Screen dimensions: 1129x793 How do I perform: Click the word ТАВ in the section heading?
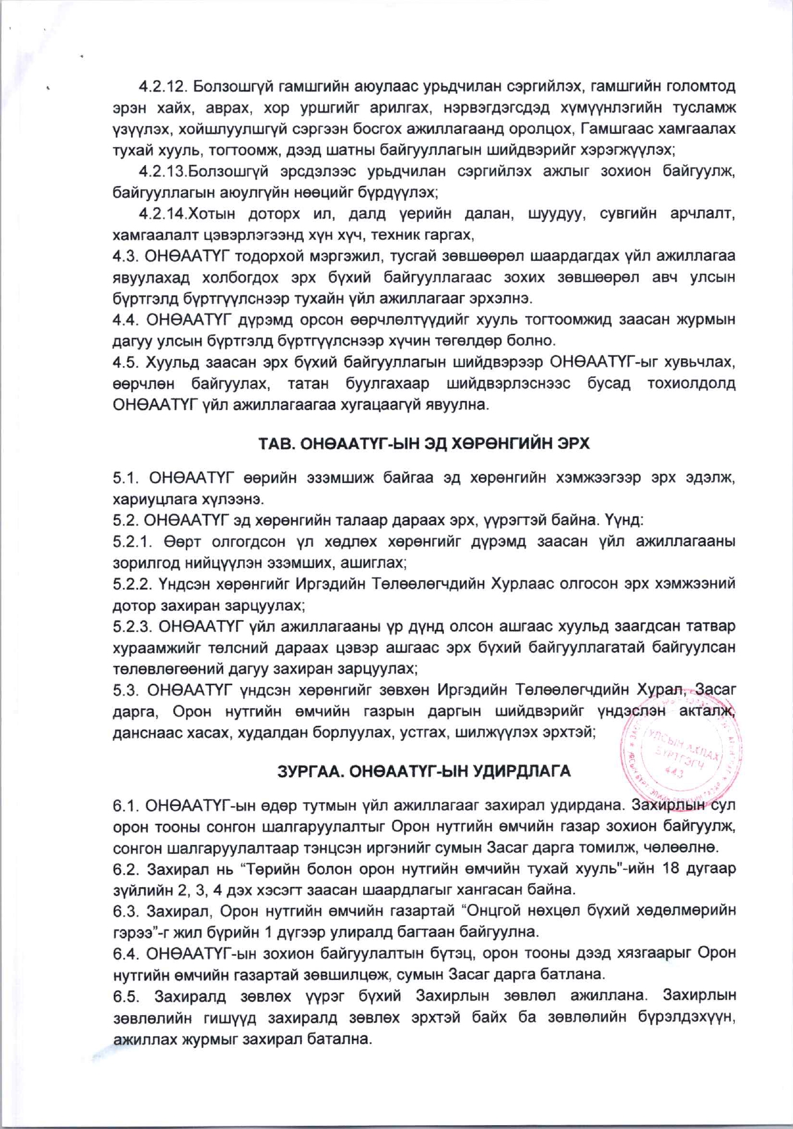pyautogui.click(x=275, y=444)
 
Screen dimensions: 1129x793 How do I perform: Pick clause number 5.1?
pyautogui.click(x=125, y=477)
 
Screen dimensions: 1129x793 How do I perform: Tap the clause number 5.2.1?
pyautogui.click(x=132, y=542)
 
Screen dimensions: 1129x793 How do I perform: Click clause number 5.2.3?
pyautogui.click(x=132, y=626)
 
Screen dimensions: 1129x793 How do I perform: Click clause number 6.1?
pyautogui.click(x=125, y=805)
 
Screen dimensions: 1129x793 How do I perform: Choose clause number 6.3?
pyautogui.click(x=125, y=910)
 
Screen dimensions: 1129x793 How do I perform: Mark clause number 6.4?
pyautogui.click(x=125, y=953)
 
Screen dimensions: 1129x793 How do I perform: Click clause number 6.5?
pyautogui.click(x=125, y=996)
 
